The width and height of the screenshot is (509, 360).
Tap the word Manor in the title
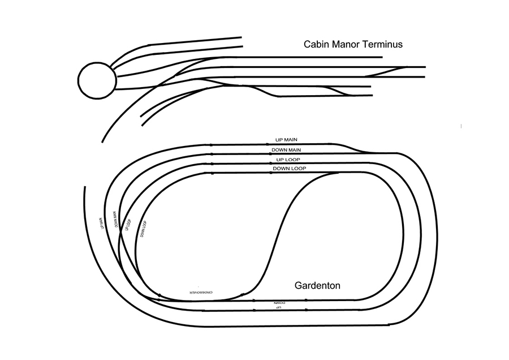point(346,44)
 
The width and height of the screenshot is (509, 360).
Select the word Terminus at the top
point(382,44)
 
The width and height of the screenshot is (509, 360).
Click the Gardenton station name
point(317,285)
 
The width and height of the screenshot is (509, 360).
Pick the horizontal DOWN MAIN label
point(286,150)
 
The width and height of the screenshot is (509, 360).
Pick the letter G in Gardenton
point(299,285)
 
